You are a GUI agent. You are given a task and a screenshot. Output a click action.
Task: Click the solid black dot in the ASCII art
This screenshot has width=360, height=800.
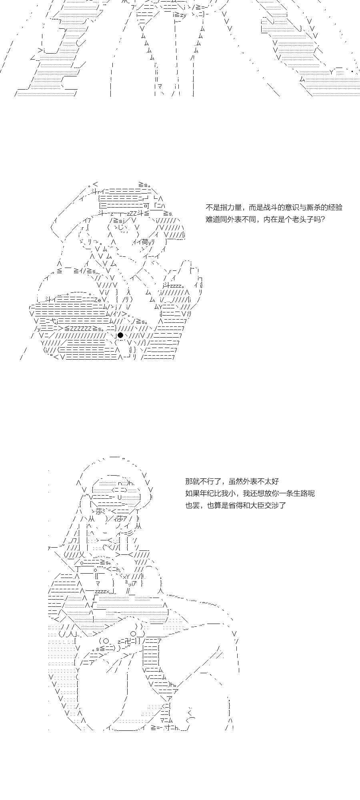[120, 335]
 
